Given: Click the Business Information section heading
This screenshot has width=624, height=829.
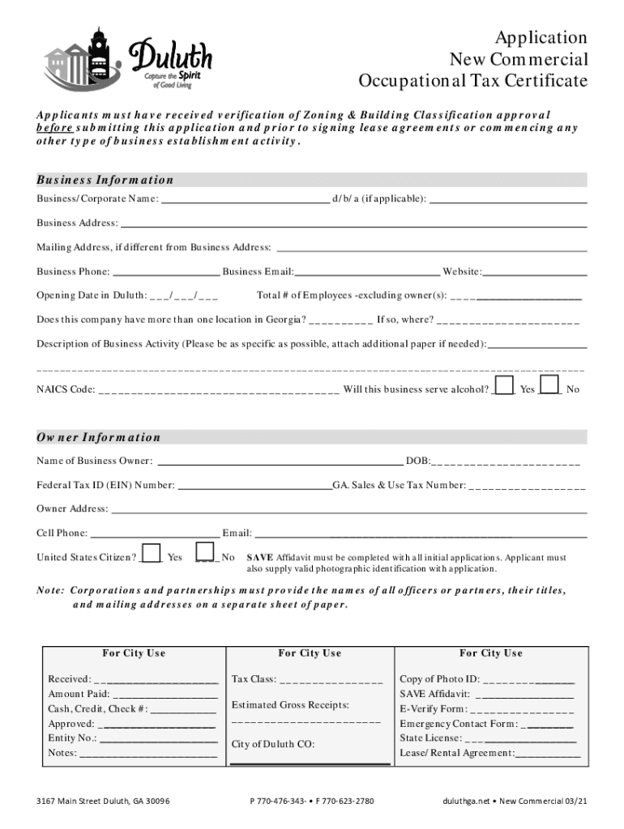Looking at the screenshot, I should (x=105, y=180).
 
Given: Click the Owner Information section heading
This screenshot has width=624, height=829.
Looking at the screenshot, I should (x=98, y=437).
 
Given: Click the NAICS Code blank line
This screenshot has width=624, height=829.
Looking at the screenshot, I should (x=218, y=390).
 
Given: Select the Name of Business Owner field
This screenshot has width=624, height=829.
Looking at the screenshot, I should (x=279, y=461).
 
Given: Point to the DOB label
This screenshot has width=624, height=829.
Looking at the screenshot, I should (x=418, y=461).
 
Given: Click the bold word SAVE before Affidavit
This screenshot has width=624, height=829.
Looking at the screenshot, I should (x=259, y=558).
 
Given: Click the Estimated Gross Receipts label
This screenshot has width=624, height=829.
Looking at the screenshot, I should (x=290, y=705).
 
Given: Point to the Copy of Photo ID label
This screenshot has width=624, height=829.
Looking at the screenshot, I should (x=440, y=679).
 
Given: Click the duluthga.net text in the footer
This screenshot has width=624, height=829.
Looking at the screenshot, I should (x=466, y=801).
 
